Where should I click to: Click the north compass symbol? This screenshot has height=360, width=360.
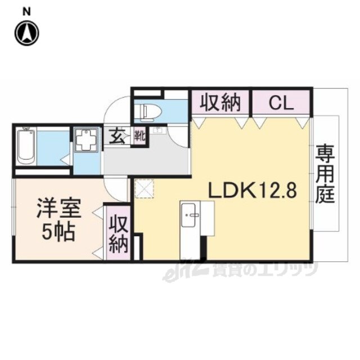point(27,33)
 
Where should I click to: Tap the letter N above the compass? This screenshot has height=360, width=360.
point(27,12)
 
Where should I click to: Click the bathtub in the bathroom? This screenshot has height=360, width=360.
point(26,146)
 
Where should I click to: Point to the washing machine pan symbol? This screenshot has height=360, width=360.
point(86,139)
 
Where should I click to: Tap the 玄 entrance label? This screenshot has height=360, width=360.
point(117,137)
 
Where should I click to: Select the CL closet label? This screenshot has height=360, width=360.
point(281,103)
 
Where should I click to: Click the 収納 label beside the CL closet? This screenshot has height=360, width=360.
point(220,103)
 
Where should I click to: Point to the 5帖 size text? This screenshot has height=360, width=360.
point(58,232)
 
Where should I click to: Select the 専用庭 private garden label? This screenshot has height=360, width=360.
point(325,174)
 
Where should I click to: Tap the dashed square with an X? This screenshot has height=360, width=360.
point(145,188)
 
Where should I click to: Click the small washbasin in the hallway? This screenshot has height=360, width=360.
point(157,130)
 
